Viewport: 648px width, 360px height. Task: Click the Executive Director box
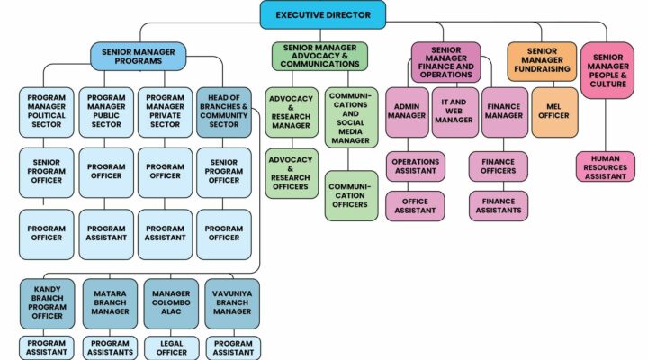point(323,14)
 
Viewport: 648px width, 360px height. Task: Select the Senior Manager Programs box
point(138,56)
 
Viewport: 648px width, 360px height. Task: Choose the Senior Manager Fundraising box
point(541,60)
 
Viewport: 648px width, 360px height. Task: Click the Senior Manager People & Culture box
point(607,69)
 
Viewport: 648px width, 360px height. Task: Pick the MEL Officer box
point(554,112)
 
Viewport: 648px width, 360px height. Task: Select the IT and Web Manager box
point(454,112)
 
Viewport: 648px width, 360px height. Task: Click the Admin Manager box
point(407,112)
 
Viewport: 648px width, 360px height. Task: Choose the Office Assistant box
point(415,205)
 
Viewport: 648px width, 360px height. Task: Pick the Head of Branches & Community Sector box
point(224,112)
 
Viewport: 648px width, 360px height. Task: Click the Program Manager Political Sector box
point(46,112)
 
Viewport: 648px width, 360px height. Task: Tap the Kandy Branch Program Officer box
point(46,303)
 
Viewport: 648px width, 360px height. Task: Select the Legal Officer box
point(171,347)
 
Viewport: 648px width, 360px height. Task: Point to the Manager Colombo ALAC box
point(171,303)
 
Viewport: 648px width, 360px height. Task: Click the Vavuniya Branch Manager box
point(232,303)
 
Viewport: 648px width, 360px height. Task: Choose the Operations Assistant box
point(415,166)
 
